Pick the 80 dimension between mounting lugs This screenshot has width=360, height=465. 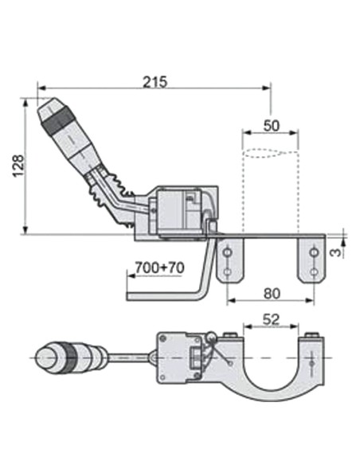click(x=272, y=293)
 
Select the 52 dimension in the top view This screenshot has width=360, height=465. click(x=272, y=320)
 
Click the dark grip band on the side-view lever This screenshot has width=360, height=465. click(x=57, y=123)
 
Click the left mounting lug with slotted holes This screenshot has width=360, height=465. click(x=229, y=261)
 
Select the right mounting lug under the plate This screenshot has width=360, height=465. click(x=314, y=261)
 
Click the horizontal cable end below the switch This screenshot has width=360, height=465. click(x=159, y=295)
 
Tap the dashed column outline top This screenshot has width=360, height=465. click(x=270, y=154)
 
